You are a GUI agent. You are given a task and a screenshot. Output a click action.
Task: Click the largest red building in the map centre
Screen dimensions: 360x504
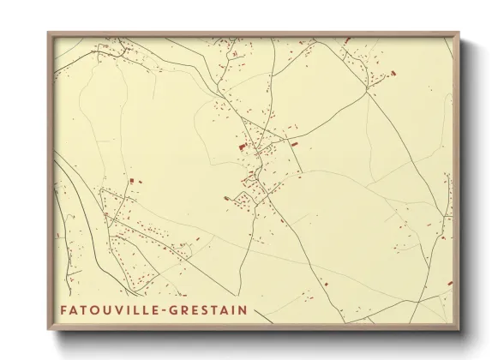pos(241,147)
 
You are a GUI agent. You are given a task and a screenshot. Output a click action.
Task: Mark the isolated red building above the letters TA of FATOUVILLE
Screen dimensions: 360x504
pos(132,181)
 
